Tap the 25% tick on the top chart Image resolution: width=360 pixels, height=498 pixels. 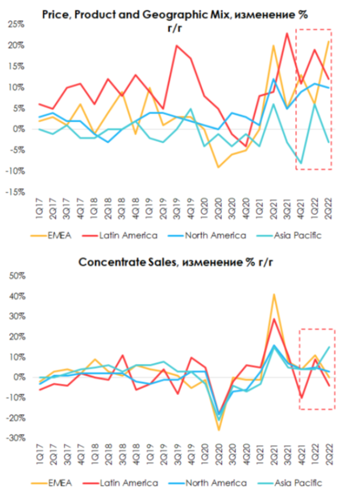pos(16,24)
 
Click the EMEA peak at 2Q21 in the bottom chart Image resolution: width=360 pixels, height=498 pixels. pos(274,294)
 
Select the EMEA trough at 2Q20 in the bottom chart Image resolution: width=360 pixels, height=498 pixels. pos(219,430)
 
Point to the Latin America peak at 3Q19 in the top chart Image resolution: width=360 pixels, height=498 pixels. pos(177,45)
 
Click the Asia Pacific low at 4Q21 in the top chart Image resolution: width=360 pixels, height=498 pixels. pos(301,163)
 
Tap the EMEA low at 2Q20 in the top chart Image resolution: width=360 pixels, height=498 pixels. pos(218,167)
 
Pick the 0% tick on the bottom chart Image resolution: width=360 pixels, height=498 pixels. pos(18,377)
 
